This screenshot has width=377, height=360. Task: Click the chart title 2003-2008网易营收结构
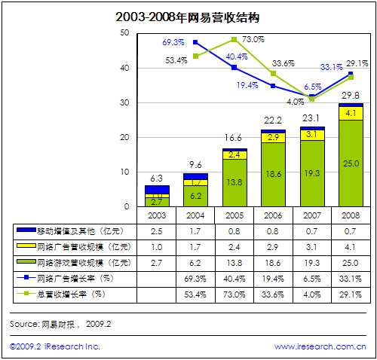[x=188, y=16]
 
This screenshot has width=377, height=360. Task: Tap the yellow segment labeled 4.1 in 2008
[x=349, y=113]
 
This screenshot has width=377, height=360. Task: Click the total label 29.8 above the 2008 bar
[x=349, y=94]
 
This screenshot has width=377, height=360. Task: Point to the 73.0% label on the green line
[x=252, y=39]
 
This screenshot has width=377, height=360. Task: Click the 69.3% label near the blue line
[x=173, y=41]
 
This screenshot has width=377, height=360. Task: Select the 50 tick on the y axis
[x=124, y=33]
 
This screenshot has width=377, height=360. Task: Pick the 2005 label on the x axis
[x=234, y=215]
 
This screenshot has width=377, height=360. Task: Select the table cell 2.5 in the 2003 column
[x=157, y=230]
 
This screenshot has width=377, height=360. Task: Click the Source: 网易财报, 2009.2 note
[x=60, y=323]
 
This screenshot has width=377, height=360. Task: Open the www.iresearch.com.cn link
[x=320, y=346]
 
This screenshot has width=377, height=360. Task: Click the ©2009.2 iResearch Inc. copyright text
[x=54, y=346]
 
